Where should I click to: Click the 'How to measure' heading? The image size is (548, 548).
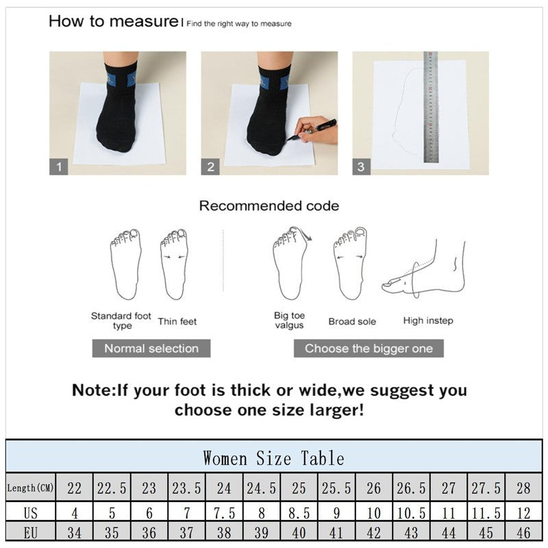[x=114, y=21]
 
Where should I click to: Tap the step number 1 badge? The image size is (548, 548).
[x=59, y=166]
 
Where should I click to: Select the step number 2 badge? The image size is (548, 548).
[x=210, y=166]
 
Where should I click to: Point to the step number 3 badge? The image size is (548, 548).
[x=361, y=166]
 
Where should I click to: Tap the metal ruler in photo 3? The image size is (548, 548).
[x=431, y=107]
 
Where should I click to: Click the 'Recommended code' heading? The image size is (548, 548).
[x=269, y=206]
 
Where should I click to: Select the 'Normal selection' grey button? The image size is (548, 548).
[x=151, y=348]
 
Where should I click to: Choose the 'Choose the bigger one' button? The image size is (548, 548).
[x=369, y=348]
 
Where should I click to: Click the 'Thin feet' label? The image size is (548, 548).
[x=177, y=321]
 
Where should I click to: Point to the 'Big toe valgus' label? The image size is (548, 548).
[x=289, y=321]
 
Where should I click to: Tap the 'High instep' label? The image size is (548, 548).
[x=428, y=321]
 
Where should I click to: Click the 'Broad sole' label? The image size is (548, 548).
[x=351, y=321]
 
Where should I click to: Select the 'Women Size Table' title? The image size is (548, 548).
[x=273, y=458]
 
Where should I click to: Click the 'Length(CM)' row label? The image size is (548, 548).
[x=31, y=488]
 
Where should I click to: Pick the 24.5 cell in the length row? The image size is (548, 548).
[x=261, y=488]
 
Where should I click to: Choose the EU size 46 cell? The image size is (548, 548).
[x=523, y=532]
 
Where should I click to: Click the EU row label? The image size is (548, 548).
[x=31, y=532]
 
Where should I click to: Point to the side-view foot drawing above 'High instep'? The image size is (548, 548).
[x=425, y=271]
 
